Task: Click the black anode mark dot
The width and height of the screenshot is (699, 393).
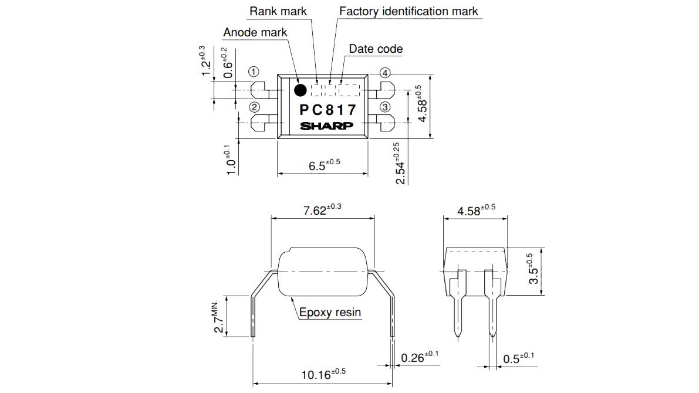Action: pos(300,90)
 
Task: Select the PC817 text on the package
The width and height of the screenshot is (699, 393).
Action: pos(327,110)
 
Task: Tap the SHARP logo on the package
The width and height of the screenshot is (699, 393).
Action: pos(326,126)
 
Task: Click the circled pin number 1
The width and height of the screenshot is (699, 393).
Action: pos(254,72)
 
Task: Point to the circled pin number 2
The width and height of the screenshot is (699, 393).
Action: pos(254,107)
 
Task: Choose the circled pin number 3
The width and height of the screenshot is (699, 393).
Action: pos(385,107)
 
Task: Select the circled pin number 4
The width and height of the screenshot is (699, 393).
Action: pos(385,73)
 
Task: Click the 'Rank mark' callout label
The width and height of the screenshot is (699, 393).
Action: pos(278,11)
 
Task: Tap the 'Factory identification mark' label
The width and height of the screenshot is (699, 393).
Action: pos(408,11)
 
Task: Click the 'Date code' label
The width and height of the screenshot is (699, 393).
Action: pos(376,49)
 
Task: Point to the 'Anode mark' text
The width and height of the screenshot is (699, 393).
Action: pos(255,32)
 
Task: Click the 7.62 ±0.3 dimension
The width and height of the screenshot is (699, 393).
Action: pos(322,209)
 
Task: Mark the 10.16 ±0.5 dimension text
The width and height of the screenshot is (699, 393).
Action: pos(323,374)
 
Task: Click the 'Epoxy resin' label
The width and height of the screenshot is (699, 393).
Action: pos(330,313)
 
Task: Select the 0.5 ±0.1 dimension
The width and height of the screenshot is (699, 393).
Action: pos(519,358)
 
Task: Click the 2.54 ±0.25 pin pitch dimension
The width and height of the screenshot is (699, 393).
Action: pos(400,164)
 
